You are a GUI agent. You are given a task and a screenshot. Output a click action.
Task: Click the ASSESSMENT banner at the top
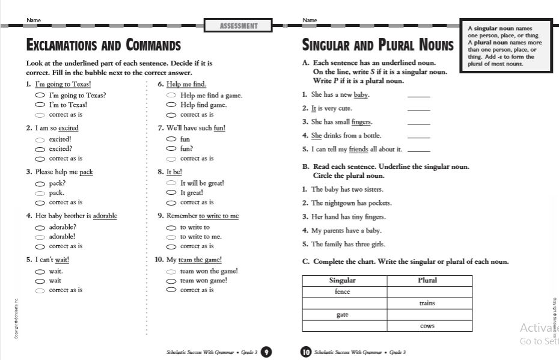[x=239, y=26]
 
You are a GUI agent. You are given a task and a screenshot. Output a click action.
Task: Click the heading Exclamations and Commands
[x=103, y=46]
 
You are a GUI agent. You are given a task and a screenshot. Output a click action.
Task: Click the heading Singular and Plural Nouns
[x=378, y=46]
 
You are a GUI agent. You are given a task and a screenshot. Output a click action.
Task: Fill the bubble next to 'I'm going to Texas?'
[x=40, y=96]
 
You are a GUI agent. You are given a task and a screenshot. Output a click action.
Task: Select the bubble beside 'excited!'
[x=40, y=139]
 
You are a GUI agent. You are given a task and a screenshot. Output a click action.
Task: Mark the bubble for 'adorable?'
[x=40, y=228]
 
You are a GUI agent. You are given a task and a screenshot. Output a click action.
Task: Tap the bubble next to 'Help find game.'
[x=171, y=105]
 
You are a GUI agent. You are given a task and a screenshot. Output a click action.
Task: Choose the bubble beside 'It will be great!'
[x=171, y=183]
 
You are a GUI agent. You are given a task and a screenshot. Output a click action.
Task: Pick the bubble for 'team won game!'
[x=171, y=281]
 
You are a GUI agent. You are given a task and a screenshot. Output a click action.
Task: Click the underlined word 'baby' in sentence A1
[x=361, y=95]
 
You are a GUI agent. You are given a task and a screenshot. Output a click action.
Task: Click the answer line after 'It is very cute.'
[x=419, y=110]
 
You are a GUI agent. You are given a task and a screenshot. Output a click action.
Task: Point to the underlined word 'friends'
[x=358, y=149]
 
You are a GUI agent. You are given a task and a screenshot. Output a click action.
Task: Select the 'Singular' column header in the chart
[x=343, y=281]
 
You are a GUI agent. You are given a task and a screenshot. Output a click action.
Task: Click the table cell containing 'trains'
[x=427, y=304]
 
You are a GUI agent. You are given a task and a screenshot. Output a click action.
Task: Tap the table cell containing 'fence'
[x=343, y=292]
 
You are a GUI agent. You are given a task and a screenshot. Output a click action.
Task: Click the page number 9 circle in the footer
[x=266, y=352]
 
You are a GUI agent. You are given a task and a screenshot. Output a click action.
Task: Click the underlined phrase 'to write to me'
[x=219, y=216]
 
